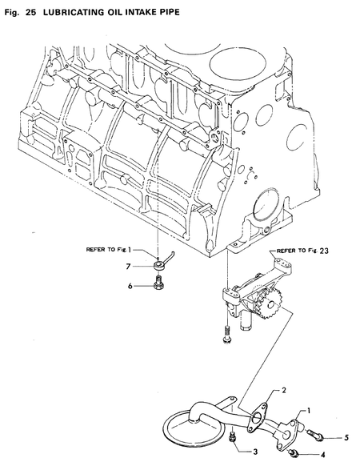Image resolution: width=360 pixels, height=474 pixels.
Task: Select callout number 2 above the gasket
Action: [x=283, y=390]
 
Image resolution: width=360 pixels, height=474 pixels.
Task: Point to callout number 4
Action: [x=323, y=456]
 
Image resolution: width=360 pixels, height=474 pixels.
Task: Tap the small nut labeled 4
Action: [x=293, y=455]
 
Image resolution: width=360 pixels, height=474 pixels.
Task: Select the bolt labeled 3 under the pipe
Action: [x=232, y=437]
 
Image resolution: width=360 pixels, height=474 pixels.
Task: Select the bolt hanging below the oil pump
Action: [x=226, y=334]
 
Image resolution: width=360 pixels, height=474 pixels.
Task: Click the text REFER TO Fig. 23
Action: [x=302, y=251]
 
